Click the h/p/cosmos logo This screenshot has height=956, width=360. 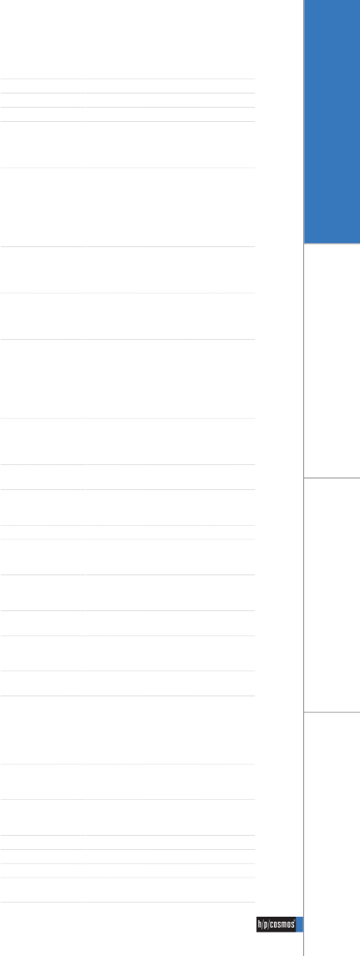pos(276,924)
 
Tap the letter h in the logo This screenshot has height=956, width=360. pos(260,924)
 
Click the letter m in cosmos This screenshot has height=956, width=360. pos(284,925)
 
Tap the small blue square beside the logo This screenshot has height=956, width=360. pos(300,924)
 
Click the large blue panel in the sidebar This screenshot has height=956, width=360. pos(332,121)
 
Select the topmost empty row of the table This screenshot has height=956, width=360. pos(128,86)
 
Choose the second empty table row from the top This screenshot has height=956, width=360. pos(128,100)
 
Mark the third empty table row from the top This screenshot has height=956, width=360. pos(128,114)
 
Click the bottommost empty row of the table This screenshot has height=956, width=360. pos(128,889)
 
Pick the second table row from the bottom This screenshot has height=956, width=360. pos(128,871)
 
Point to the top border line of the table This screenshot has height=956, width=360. pos(128,78)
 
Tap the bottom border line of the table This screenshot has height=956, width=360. pos(128,902)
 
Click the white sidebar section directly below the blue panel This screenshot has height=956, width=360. pos(332,361)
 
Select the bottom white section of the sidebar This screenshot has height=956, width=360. pos(332,834)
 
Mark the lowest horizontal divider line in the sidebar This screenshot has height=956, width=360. pos(332,711)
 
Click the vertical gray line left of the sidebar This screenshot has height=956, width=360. pos(304,478)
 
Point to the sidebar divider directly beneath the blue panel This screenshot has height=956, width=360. pos(332,244)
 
